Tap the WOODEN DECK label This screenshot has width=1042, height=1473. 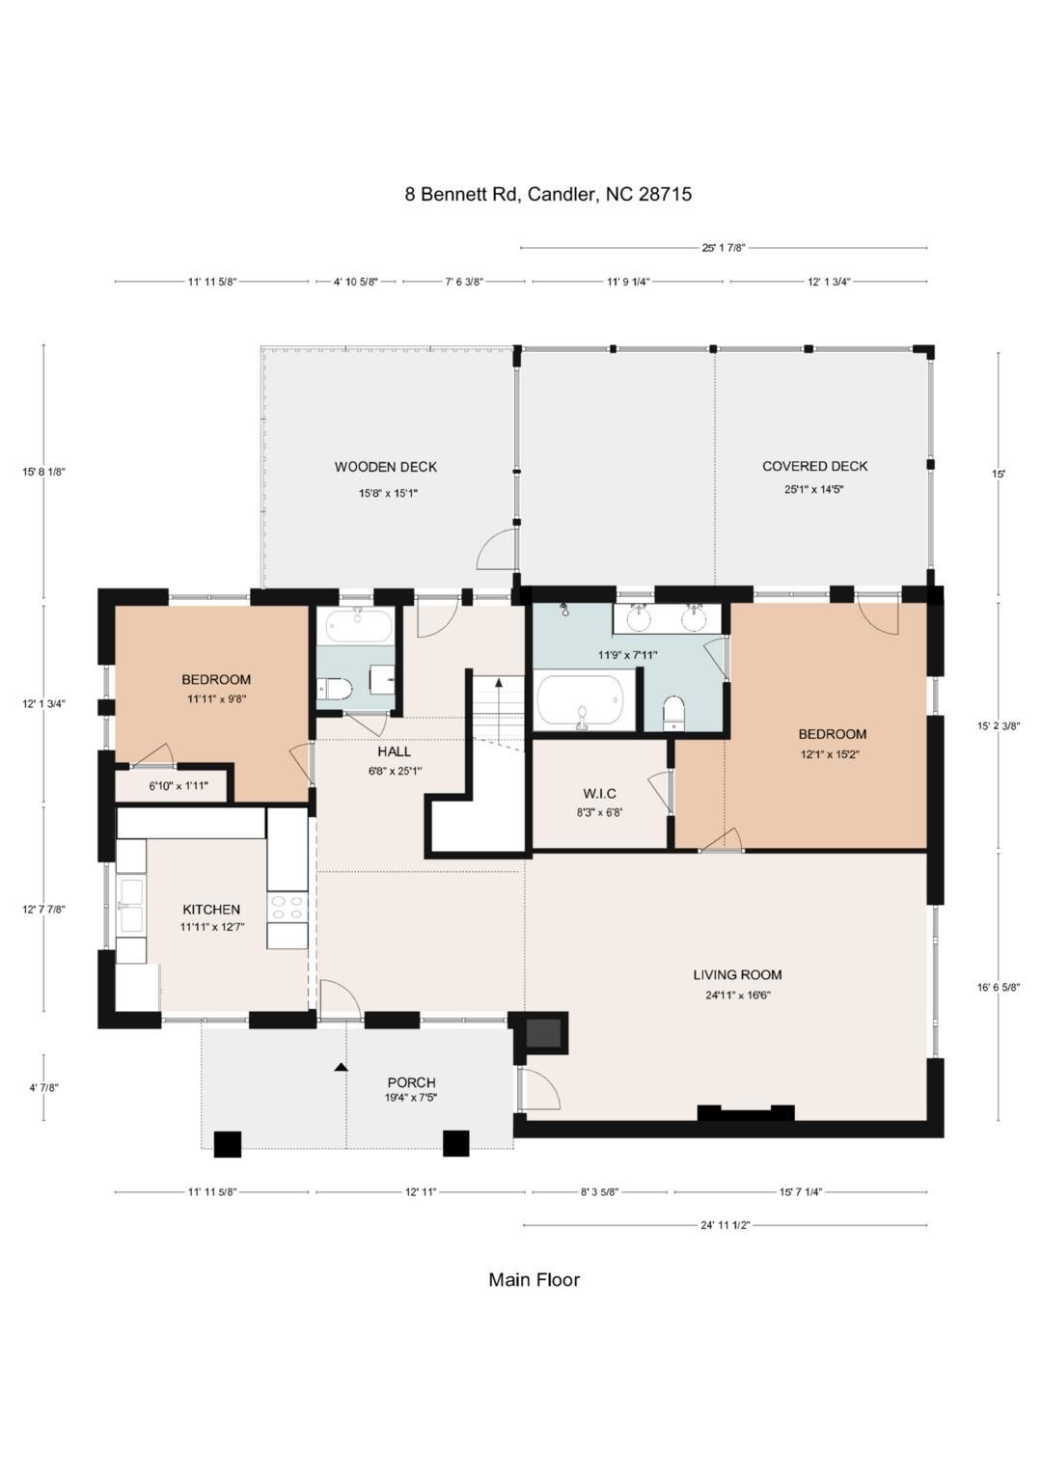tap(386, 467)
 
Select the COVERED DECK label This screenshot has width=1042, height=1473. tap(814, 466)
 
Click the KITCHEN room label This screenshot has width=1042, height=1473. tap(211, 910)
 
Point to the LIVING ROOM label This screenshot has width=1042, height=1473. tap(737, 974)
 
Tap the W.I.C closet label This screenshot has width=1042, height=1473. tap(599, 794)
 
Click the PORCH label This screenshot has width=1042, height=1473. tap(411, 1081)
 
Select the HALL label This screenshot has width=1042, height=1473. tap(394, 751)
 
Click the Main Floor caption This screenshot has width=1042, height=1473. tap(534, 1279)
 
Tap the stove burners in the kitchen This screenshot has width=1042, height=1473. tap(288, 908)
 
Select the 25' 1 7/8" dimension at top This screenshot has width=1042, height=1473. tap(724, 248)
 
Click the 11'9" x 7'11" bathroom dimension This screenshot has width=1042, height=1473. tap(627, 655)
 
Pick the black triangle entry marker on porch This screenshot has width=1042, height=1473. tap(341, 1067)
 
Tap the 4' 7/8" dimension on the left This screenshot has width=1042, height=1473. tap(44, 1088)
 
